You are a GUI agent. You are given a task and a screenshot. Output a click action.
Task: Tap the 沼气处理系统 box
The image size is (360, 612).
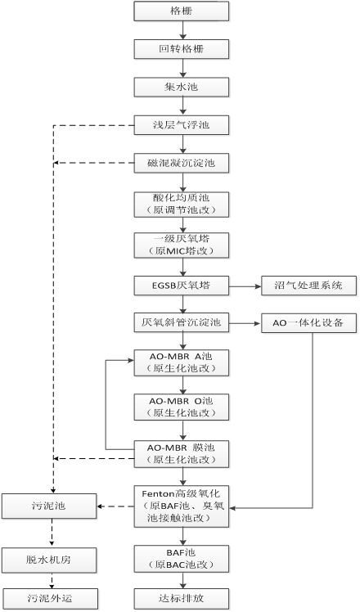(308, 286)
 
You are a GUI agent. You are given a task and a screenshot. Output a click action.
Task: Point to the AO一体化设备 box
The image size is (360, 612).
(308, 323)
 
